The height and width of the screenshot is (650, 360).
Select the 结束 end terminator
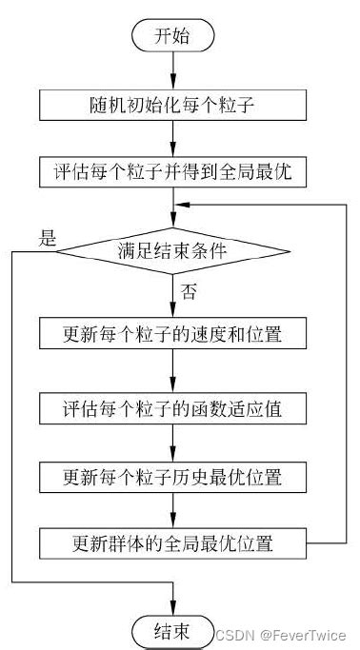[x=172, y=630]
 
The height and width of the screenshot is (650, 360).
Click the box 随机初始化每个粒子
[x=172, y=105]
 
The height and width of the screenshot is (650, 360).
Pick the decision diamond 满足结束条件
[x=172, y=251]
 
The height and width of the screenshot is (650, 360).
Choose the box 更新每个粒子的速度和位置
[x=172, y=335]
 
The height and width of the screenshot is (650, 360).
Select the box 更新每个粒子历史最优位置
[x=172, y=475]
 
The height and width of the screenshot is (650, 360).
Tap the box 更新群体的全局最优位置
[x=172, y=544]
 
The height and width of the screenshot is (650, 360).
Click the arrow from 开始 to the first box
[x=172, y=70]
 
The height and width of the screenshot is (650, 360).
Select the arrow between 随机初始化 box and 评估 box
[x=172, y=140]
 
